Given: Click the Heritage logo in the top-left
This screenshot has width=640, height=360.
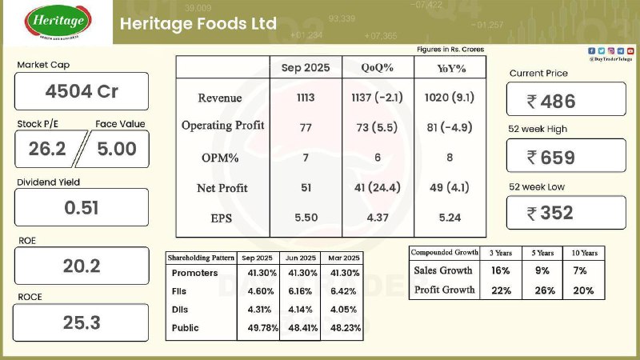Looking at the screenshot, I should [58, 22].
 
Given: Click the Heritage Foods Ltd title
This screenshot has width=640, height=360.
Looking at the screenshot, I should [198, 23].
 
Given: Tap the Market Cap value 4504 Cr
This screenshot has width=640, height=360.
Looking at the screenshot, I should [82, 91].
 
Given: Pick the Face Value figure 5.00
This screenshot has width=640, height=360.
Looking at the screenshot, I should [117, 148].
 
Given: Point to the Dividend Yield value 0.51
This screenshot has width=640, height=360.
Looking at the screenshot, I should [82, 207].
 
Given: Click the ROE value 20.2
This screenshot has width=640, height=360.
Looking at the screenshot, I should [82, 266].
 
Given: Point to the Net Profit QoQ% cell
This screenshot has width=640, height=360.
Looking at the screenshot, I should [378, 188].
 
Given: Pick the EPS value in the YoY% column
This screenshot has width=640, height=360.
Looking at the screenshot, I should [449, 217].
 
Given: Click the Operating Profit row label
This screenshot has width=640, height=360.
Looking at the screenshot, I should [223, 126].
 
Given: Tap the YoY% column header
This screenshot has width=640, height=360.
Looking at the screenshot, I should [449, 68].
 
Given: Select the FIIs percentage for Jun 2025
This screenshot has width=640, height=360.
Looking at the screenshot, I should [300, 291].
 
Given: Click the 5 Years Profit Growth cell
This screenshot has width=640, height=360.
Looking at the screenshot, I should [544, 290].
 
